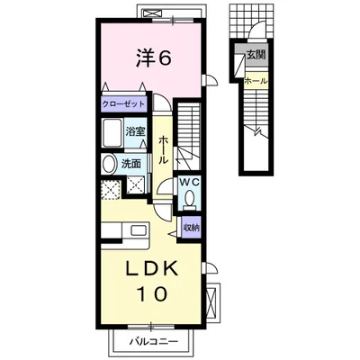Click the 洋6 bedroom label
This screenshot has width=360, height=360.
pos(154,58)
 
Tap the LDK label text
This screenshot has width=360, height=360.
pos(151,269)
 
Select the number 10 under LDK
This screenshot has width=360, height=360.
pos(152,293)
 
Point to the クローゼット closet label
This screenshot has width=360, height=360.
pos(123,104)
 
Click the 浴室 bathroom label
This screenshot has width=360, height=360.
pos(135,131)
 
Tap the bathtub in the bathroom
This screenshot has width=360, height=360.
pos(112,133)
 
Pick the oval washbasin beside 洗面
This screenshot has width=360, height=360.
pos(109,164)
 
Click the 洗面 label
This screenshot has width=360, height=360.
pos(130,164)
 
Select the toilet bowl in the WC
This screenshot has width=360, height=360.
pos(189,199)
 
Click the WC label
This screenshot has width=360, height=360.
pos(189,182)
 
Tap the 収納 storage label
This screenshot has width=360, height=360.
pos(192,228)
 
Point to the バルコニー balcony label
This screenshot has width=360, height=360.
pos(154,341)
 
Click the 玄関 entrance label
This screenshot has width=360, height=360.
pos(256,55)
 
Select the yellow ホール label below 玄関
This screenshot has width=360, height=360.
pos(256,81)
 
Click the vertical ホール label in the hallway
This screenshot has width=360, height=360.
pos(163,149)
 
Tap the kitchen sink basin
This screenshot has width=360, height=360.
pos(139,231)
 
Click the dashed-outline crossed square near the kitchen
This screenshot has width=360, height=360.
pos(111,190)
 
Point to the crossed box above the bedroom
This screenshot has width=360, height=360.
pos(152,13)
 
